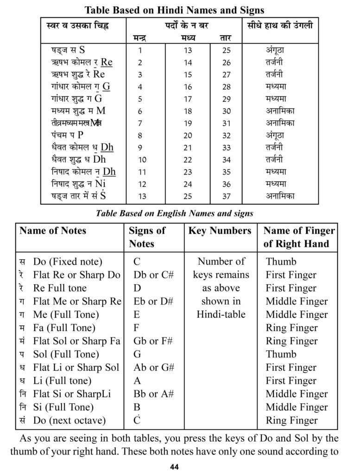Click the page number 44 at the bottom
[x=175, y=467]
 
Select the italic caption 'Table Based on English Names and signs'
[x=174, y=213]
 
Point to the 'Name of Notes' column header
[x=53, y=231]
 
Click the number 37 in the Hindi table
[x=226, y=196]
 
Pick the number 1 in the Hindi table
[x=140, y=50]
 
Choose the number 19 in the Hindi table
[x=188, y=123]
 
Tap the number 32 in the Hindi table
[x=226, y=136]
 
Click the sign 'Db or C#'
[x=153, y=275]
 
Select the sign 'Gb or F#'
[x=153, y=341]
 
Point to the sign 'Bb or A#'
[x=153, y=394]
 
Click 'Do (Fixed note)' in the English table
[x=68, y=262]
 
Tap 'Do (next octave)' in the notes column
[x=69, y=421]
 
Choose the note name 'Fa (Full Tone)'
[x=64, y=328]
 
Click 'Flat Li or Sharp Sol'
[x=76, y=368]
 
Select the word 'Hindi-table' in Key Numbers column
[x=221, y=315]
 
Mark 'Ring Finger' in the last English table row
[x=291, y=421]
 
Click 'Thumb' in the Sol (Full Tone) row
[x=281, y=355]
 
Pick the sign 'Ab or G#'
[x=153, y=368]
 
